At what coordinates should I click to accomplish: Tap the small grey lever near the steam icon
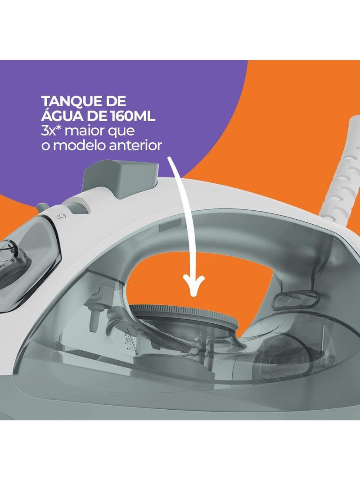42,207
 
